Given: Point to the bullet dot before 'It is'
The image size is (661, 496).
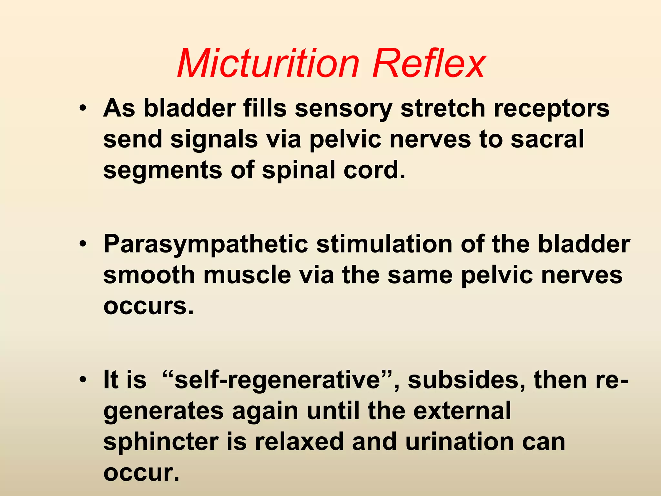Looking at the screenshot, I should pyautogui.click(x=83, y=380).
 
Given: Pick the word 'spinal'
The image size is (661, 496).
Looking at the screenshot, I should pyautogui.click(x=299, y=170).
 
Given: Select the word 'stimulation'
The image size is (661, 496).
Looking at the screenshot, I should pyautogui.click(x=384, y=244).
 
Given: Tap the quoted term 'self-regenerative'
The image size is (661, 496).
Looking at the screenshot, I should pyautogui.click(x=278, y=380).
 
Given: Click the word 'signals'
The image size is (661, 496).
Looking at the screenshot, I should pyautogui.click(x=214, y=139).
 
